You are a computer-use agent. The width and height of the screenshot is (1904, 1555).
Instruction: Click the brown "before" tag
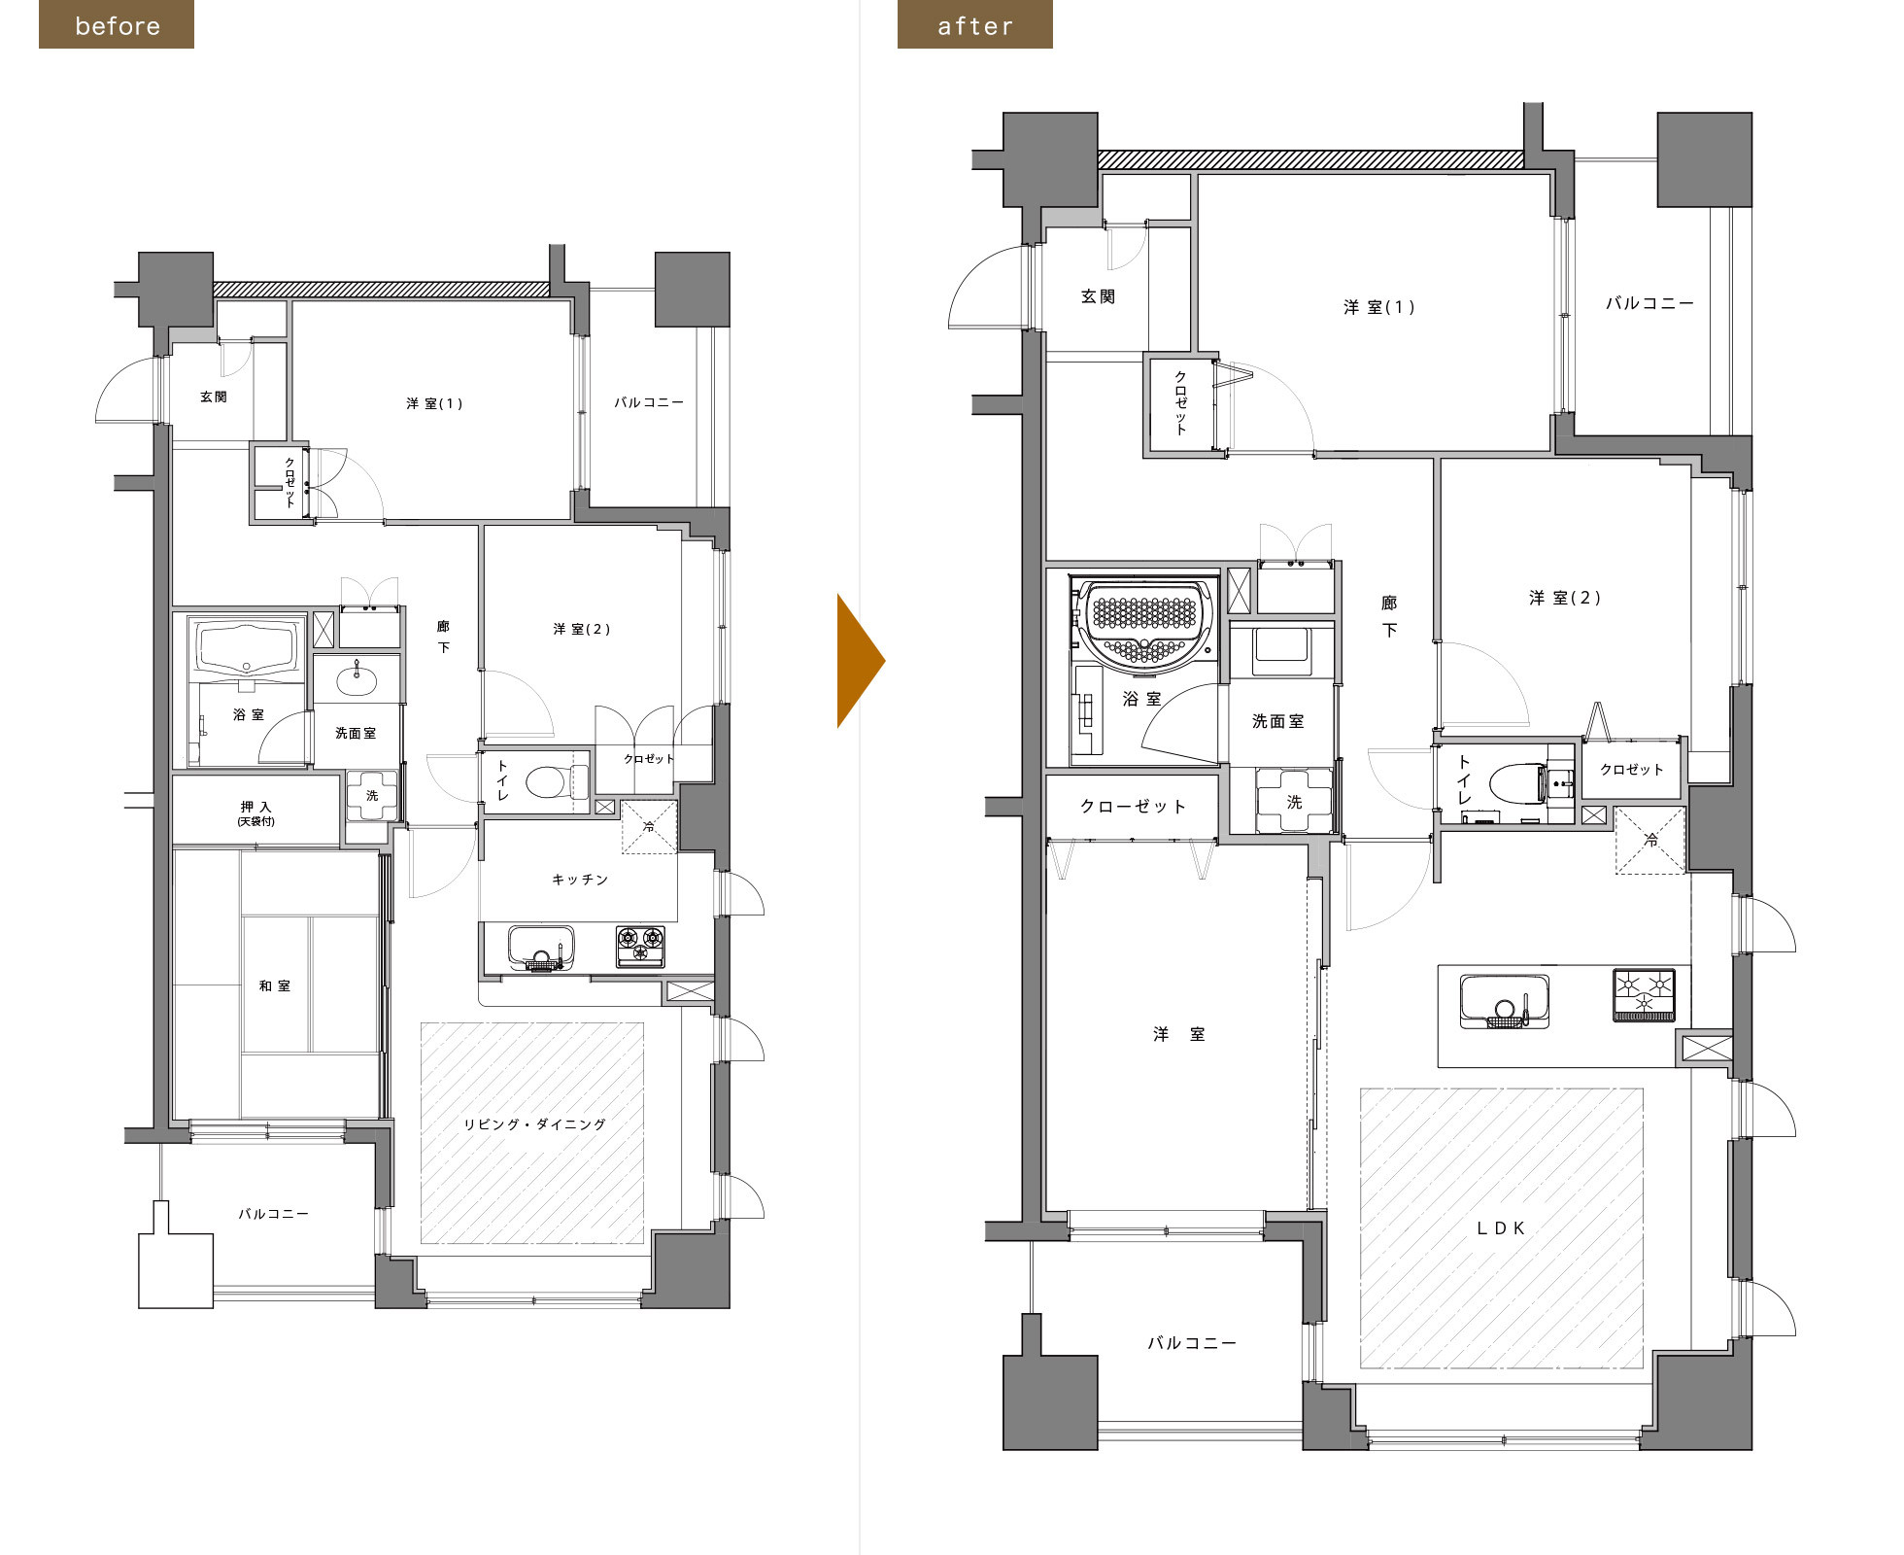tap(117, 24)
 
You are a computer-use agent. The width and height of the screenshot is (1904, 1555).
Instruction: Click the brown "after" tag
tap(974, 24)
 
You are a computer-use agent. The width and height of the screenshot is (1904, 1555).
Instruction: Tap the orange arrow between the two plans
tap(861, 661)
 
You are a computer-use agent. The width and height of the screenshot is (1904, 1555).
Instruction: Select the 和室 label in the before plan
tap(274, 985)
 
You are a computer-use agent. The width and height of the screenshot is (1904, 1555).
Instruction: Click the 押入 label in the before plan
tap(256, 807)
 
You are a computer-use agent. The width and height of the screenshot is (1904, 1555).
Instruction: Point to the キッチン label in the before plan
tap(580, 880)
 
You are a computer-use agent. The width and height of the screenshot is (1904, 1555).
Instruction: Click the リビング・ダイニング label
tap(534, 1124)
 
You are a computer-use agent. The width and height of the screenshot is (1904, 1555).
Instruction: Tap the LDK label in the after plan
tap(1501, 1228)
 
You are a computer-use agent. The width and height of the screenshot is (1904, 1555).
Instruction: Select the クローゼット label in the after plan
tap(1133, 806)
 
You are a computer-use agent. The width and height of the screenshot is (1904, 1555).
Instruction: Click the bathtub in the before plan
tap(247, 648)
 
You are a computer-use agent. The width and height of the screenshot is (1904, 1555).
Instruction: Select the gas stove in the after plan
tap(1645, 994)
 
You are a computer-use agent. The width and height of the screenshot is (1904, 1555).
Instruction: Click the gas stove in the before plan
tap(641, 946)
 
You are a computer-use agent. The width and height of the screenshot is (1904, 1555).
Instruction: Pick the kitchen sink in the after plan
tap(1505, 1001)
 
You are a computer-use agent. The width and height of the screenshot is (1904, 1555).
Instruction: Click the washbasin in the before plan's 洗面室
tap(357, 681)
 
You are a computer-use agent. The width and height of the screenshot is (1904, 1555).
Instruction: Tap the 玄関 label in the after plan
tap(1098, 296)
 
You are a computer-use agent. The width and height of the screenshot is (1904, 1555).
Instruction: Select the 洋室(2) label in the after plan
tap(1564, 598)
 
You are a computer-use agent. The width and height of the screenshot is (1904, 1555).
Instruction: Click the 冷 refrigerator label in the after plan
tap(1651, 841)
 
